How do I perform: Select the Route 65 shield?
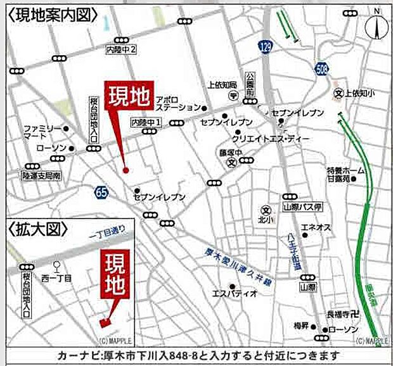101,191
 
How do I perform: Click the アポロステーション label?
177,104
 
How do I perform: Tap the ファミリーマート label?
40,131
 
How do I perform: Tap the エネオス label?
313,227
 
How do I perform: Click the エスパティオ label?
234,293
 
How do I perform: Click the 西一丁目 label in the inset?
57,278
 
